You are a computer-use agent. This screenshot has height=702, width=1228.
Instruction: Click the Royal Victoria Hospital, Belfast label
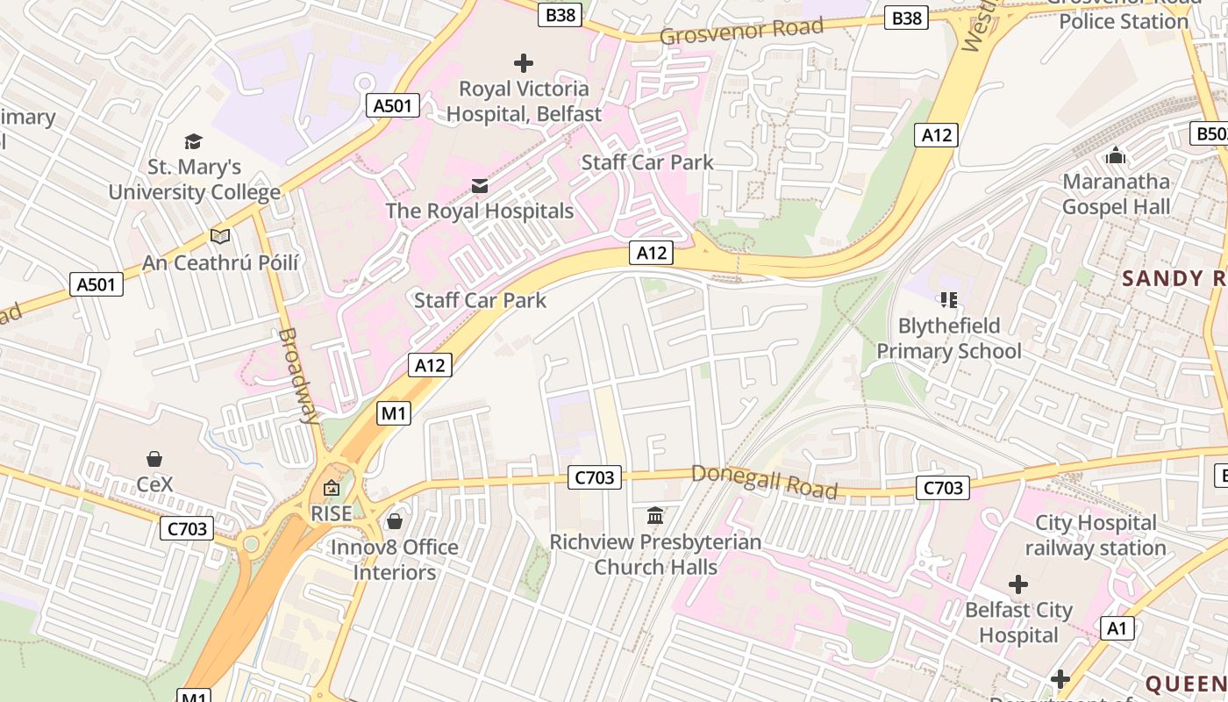click(525, 101)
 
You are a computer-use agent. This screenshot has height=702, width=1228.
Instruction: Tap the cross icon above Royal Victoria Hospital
click(524, 63)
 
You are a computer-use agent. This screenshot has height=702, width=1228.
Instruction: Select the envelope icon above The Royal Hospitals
click(480, 185)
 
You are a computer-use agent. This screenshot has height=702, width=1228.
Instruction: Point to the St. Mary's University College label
click(195, 179)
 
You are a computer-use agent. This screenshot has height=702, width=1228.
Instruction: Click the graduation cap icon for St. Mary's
click(193, 141)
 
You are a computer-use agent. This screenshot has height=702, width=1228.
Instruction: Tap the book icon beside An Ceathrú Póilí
click(220, 236)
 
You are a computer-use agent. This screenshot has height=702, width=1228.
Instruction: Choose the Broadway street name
click(298, 376)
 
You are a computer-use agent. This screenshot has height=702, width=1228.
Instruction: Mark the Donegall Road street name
click(764, 481)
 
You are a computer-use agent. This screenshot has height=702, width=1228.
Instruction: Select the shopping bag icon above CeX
click(154, 459)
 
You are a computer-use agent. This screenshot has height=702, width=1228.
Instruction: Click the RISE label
click(332, 513)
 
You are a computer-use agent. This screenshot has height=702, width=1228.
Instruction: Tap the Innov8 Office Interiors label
click(395, 560)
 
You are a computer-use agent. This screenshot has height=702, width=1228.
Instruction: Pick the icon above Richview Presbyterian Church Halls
click(655, 515)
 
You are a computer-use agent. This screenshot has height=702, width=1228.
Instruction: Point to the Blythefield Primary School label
click(949, 339)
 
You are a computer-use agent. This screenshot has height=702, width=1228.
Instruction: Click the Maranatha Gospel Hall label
click(1116, 194)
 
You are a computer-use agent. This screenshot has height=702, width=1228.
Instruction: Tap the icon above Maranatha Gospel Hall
click(1116, 155)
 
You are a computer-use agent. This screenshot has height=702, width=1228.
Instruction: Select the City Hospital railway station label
click(1096, 535)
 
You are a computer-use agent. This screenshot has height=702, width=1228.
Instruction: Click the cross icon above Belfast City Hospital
click(1018, 584)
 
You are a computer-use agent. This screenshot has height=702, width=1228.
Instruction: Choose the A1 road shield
click(1117, 628)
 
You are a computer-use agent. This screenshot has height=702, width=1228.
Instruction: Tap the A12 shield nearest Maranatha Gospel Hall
click(937, 135)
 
